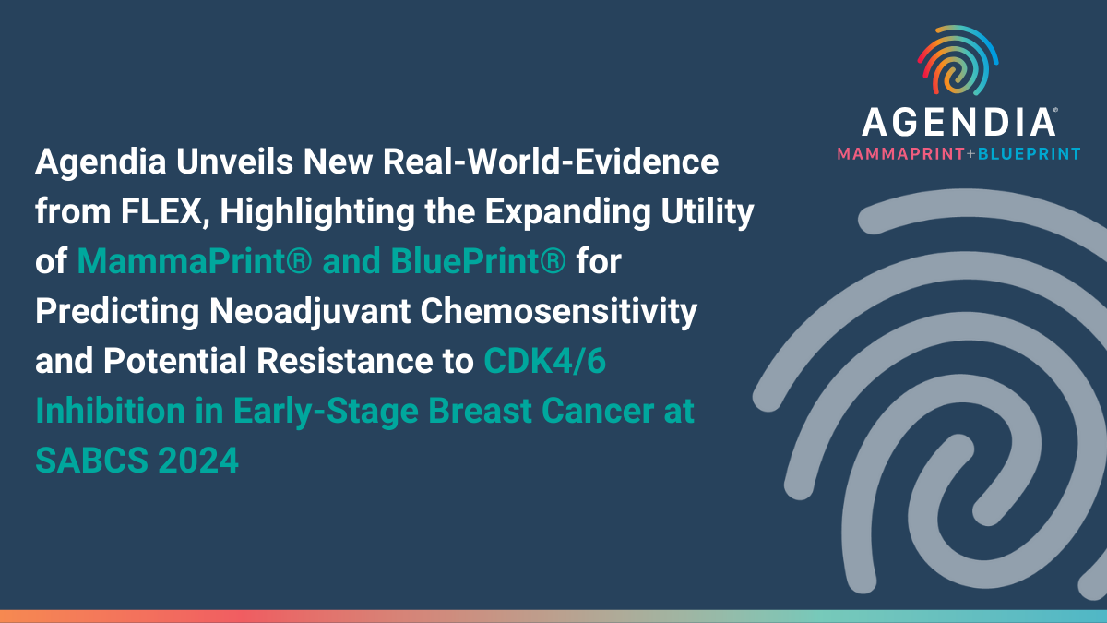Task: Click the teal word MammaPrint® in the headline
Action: tap(196, 262)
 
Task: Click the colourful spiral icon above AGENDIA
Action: tap(958, 62)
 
